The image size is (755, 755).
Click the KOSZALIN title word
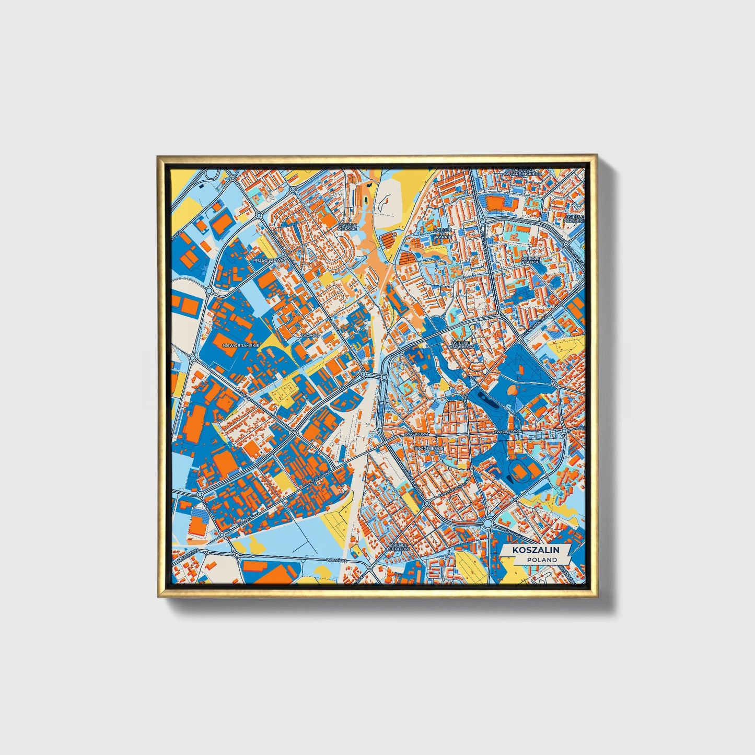(536, 550)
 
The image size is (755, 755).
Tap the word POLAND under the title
(541, 560)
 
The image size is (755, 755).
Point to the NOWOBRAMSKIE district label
(240, 346)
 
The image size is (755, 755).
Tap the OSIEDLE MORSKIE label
(347, 226)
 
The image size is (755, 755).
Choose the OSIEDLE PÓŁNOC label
(530, 260)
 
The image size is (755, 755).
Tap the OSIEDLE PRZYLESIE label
(575, 218)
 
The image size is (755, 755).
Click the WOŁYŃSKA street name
(336, 560)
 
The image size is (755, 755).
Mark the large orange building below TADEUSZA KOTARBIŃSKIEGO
(497, 203)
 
